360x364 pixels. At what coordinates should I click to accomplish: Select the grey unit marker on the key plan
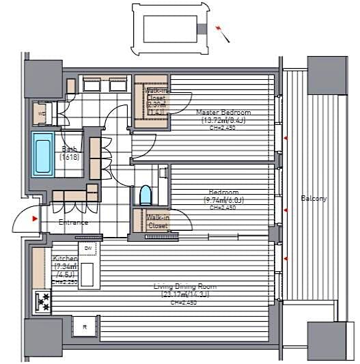coord(201,29)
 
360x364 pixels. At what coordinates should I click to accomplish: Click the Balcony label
coord(314,199)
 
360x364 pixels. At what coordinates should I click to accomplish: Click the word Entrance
coord(73,222)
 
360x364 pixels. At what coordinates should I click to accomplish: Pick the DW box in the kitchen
coord(88,249)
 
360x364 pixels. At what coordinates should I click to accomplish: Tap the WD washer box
coord(40,113)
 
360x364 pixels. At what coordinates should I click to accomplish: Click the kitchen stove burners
coord(42,300)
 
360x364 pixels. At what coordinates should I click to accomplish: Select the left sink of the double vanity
coord(92,85)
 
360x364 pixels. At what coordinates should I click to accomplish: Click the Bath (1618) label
coord(70,152)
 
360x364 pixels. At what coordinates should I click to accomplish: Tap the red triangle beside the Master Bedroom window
coord(286,139)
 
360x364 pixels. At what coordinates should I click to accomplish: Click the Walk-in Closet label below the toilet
coord(157,221)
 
